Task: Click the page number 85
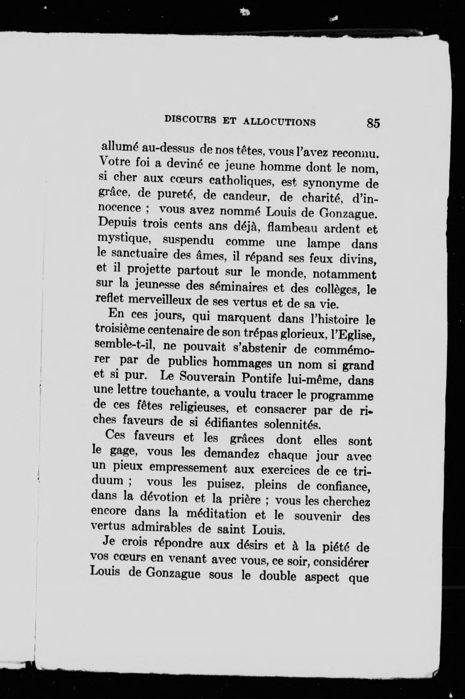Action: coord(373,123)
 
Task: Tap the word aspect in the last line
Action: coord(317,577)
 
